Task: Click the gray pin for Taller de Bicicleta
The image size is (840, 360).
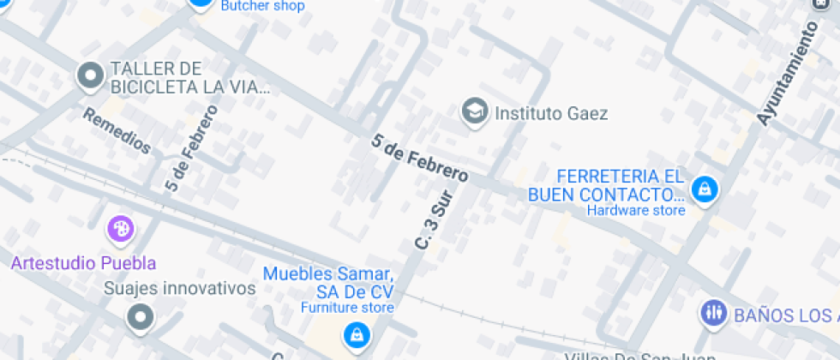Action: click(90, 76)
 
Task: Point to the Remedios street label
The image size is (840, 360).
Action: click(117, 131)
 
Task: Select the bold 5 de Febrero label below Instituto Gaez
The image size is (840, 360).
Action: click(420, 158)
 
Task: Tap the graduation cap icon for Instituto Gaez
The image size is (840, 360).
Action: click(473, 111)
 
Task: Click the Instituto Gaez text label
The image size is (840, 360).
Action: click(552, 112)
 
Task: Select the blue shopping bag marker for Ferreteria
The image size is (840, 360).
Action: click(705, 188)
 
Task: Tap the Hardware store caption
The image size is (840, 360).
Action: click(636, 210)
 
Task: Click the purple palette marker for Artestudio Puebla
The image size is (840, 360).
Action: click(120, 229)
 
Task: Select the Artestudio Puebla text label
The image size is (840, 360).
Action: click(83, 262)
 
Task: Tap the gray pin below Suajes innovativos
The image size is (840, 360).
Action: click(139, 318)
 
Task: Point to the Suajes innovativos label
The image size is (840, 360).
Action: click(179, 289)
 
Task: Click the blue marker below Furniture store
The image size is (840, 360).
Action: click(355, 334)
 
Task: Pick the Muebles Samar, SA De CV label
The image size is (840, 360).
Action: click(328, 283)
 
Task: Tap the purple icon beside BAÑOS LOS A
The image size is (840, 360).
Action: click(713, 313)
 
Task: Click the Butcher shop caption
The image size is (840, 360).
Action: click(262, 6)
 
